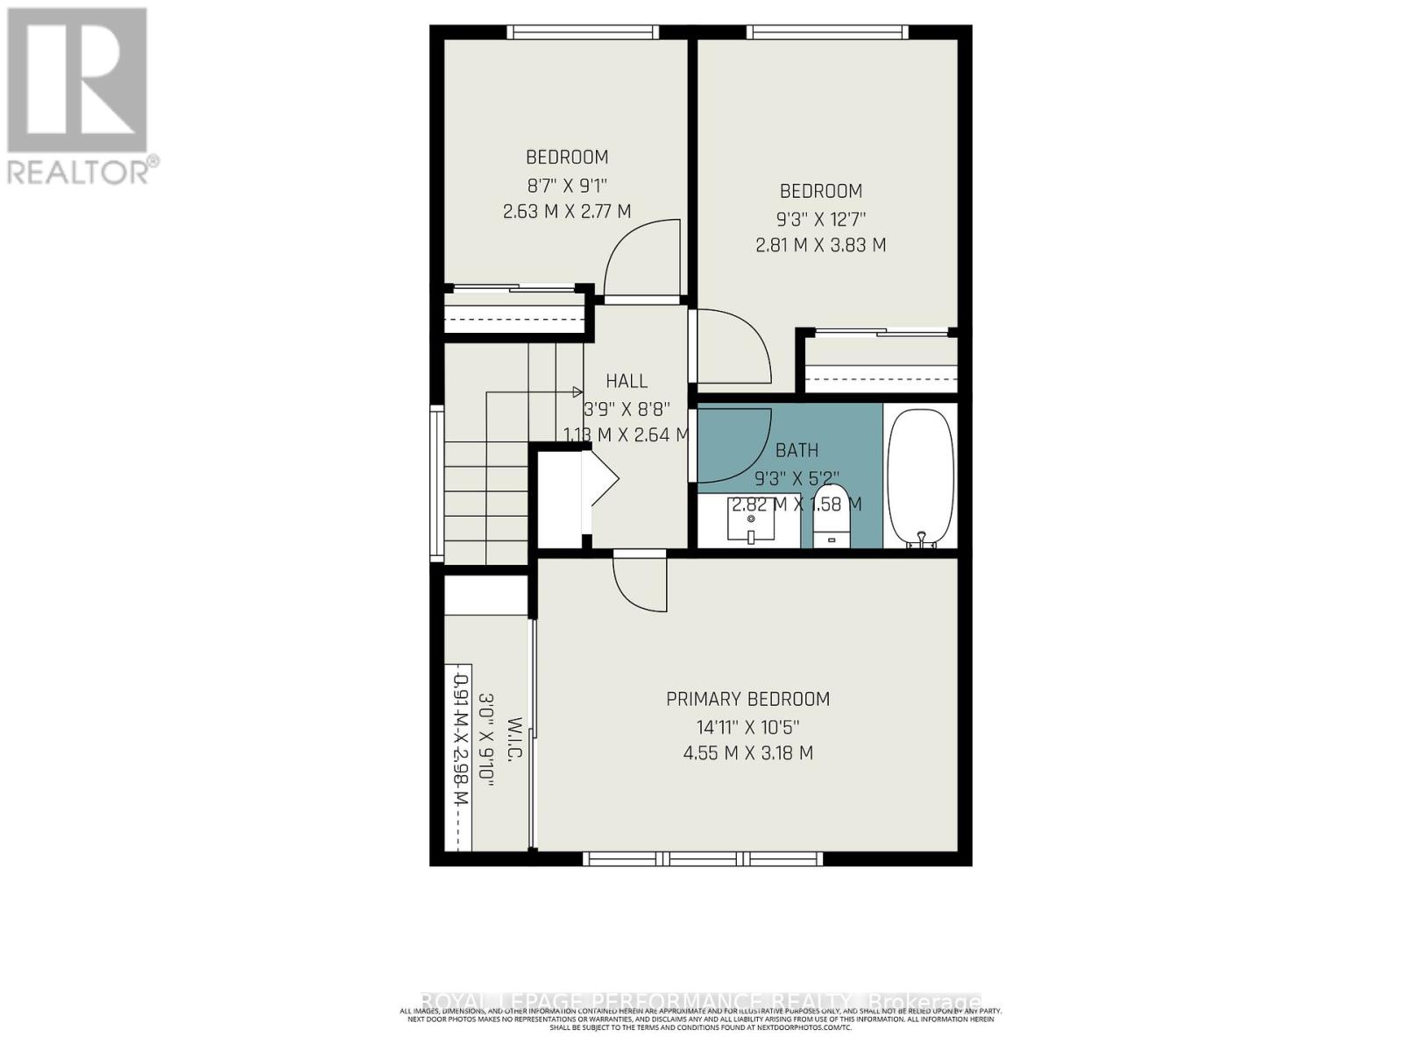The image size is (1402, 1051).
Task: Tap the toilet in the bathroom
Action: coord(831,517)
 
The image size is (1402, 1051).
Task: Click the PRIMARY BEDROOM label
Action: coord(747,699)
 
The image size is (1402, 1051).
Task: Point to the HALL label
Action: coord(627,381)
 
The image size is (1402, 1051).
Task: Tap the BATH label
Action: coord(797,450)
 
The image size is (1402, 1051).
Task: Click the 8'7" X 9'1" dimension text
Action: coord(566,185)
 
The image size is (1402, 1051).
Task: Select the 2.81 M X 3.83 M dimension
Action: coord(820,245)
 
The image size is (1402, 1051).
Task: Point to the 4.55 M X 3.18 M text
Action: coord(747,753)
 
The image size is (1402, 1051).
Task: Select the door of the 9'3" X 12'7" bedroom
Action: coord(732,346)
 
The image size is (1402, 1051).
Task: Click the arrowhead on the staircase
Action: coord(577,391)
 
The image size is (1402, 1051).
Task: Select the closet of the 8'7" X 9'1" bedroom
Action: coord(514,311)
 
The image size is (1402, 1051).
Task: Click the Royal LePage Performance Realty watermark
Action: coord(701,1001)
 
